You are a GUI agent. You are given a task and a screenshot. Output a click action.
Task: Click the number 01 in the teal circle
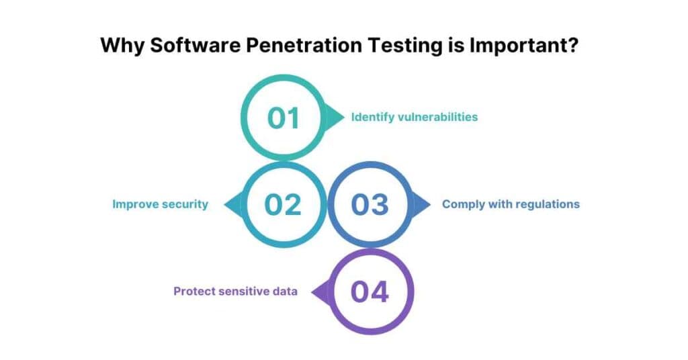[x=283, y=118]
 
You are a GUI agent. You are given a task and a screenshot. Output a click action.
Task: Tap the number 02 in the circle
[x=283, y=204]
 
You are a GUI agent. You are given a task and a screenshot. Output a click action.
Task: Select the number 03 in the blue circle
[x=370, y=204]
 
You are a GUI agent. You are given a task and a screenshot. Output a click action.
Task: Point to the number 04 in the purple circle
[x=370, y=291]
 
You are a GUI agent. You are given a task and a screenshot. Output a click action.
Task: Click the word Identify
[x=372, y=117]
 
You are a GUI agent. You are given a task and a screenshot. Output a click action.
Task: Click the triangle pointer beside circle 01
[x=333, y=118]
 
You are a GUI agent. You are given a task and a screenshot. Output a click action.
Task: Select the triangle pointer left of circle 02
[x=232, y=204]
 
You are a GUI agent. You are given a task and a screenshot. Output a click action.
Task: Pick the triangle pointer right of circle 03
[x=421, y=204]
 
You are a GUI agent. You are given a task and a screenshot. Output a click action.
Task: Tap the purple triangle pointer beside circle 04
[x=319, y=291]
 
